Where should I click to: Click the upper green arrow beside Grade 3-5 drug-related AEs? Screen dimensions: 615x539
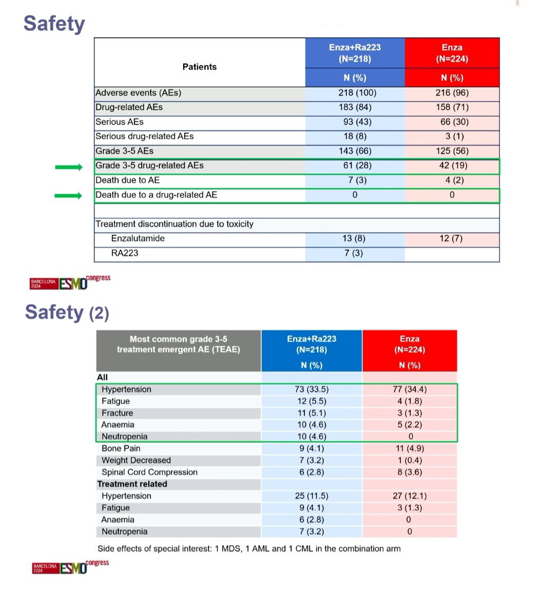point(68,167)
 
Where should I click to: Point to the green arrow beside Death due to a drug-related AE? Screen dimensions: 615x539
point(68,196)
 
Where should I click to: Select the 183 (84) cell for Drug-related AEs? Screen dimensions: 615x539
point(354,108)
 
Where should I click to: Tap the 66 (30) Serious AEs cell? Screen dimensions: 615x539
point(451,122)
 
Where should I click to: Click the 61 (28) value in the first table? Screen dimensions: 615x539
point(354,166)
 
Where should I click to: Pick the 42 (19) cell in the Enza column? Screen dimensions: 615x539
point(451,166)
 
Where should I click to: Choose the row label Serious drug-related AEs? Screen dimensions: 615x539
point(144,136)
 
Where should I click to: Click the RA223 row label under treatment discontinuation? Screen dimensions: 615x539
point(125,253)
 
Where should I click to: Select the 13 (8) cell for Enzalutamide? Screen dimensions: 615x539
point(354,238)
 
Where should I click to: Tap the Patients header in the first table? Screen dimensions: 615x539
point(199,67)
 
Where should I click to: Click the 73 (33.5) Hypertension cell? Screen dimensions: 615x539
point(311,389)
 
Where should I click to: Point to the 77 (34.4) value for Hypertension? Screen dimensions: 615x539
point(409,389)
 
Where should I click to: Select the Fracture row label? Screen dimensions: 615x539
point(117,413)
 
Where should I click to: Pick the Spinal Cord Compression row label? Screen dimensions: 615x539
point(149,473)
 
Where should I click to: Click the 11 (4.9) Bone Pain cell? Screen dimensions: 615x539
point(409,448)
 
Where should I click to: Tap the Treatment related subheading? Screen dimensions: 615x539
point(132,484)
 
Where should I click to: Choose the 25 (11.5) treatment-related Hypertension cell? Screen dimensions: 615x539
point(311,496)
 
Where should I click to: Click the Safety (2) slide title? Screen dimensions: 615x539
point(67,313)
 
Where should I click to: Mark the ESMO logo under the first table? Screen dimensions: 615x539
point(70,282)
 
